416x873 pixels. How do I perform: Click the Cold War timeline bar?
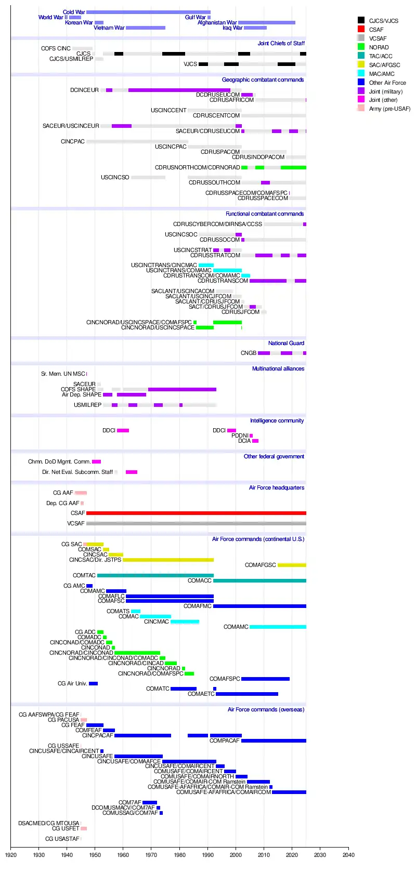[x=148, y=12]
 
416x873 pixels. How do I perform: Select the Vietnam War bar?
[x=146, y=28]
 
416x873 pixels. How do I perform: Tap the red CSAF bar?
[x=196, y=513]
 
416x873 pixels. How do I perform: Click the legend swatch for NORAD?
[x=361, y=47]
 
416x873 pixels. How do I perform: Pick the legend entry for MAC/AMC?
[x=381, y=74]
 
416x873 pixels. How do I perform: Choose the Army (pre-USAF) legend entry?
[x=389, y=109]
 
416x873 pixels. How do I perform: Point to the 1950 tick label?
[x=95, y=855]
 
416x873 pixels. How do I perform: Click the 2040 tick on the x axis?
[x=348, y=855]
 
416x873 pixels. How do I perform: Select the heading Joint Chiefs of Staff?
[x=281, y=43]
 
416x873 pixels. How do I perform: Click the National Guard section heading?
[x=286, y=343]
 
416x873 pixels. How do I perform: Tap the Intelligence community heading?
[x=277, y=420]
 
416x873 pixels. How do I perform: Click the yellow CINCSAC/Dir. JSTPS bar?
[x=168, y=560]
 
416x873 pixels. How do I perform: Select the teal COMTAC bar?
[x=155, y=575]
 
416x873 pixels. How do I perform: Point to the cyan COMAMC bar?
[x=278, y=627]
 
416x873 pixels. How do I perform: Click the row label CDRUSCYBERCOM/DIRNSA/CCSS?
[x=217, y=224]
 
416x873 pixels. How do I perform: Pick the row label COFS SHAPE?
[x=78, y=389]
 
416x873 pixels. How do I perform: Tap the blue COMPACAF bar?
[x=274, y=740]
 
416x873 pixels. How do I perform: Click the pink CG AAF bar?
[x=81, y=493]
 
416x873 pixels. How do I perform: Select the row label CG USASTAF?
[x=62, y=839]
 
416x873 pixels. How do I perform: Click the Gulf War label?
[x=195, y=17]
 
